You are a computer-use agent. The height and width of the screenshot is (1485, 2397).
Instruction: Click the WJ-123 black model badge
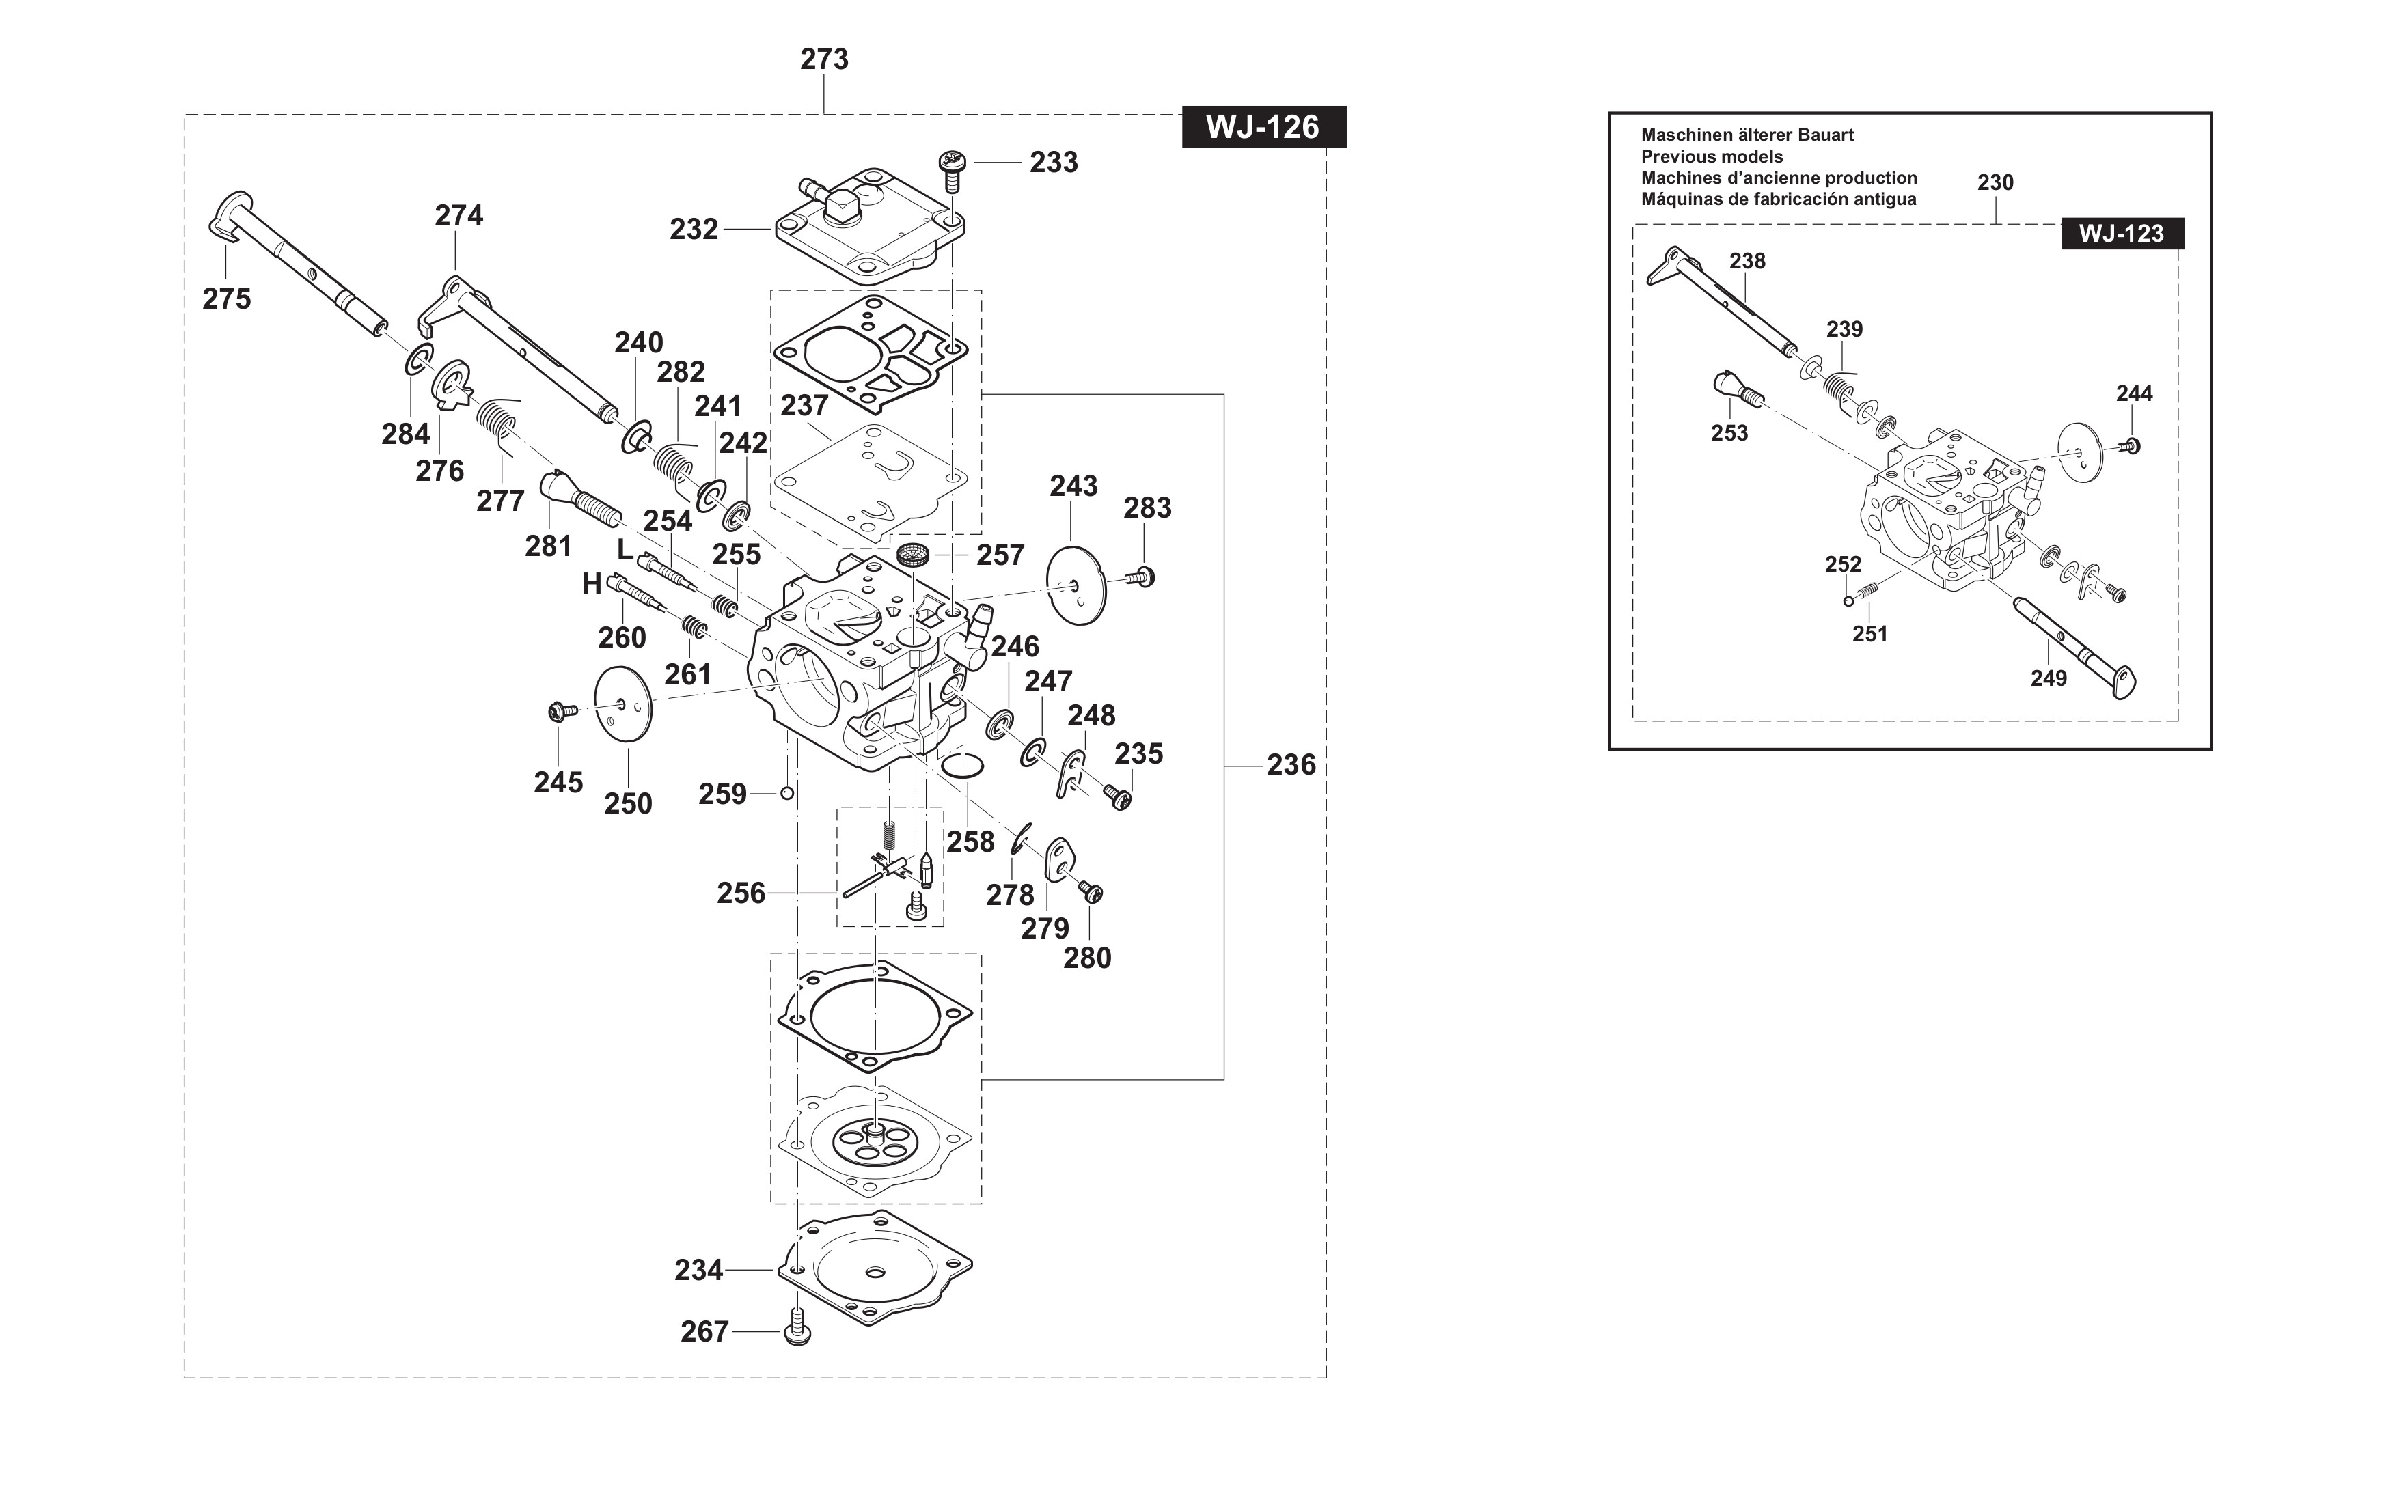coord(2121,234)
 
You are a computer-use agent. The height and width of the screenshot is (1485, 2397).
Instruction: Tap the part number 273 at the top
coord(823,60)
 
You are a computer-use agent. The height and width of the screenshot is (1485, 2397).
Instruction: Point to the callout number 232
coord(694,230)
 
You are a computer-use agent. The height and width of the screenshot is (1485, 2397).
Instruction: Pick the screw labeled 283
coord(1142,577)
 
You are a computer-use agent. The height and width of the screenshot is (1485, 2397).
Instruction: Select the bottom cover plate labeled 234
coord(875,1268)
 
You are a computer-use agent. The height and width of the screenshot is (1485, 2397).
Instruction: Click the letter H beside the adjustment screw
coord(591,585)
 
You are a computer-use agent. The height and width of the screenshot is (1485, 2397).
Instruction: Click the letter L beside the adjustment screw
coord(625,549)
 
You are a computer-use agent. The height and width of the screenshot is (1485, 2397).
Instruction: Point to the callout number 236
coord(1291,765)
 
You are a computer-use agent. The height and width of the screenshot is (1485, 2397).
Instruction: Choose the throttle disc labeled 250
coord(623,702)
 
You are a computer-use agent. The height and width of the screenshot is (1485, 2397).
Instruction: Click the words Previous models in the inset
coord(1711,157)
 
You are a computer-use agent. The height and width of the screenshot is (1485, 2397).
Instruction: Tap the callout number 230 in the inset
coord(1995,182)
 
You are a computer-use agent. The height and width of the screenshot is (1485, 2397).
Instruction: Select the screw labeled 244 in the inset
coord(2130,446)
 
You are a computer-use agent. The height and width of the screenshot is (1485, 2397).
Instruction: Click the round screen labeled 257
coord(914,556)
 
